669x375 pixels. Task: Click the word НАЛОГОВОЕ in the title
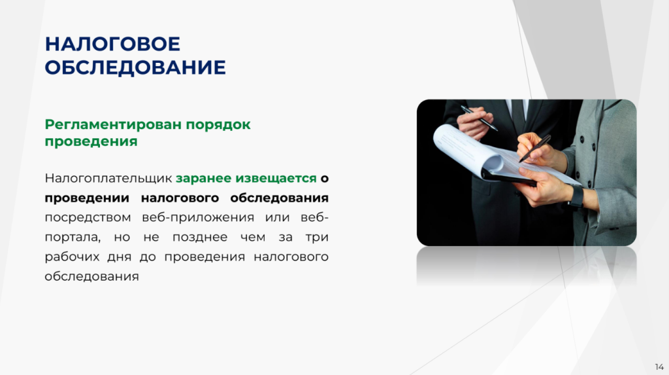[x=112, y=44]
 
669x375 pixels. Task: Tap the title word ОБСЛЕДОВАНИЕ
[x=135, y=67]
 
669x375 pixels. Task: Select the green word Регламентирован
[x=113, y=124]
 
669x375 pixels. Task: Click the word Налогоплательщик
[x=108, y=178]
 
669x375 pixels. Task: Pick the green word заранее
[x=204, y=179]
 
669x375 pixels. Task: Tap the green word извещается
[x=276, y=179]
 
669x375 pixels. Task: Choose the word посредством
[x=87, y=218]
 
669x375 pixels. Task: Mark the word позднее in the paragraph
[x=200, y=238]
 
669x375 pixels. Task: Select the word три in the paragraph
[x=317, y=238]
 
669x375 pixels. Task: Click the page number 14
[x=659, y=367]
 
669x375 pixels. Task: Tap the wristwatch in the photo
[x=576, y=196]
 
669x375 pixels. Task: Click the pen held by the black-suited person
[x=479, y=118]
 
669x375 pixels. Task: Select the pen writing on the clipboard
[x=534, y=149]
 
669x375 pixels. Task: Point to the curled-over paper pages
[x=468, y=151]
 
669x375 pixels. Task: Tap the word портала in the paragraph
[x=72, y=238]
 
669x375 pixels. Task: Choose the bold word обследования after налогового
[x=279, y=198]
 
